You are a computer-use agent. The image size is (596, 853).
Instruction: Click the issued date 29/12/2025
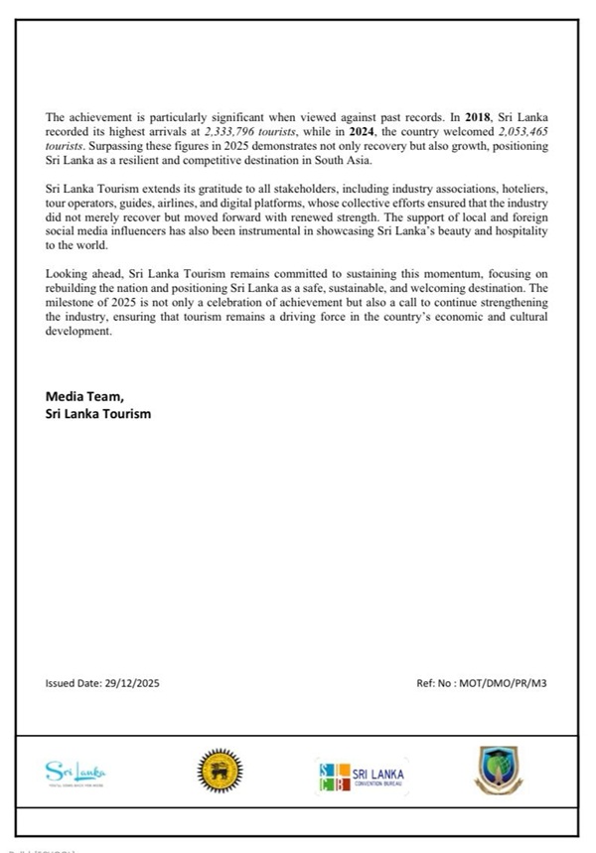coord(133,684)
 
